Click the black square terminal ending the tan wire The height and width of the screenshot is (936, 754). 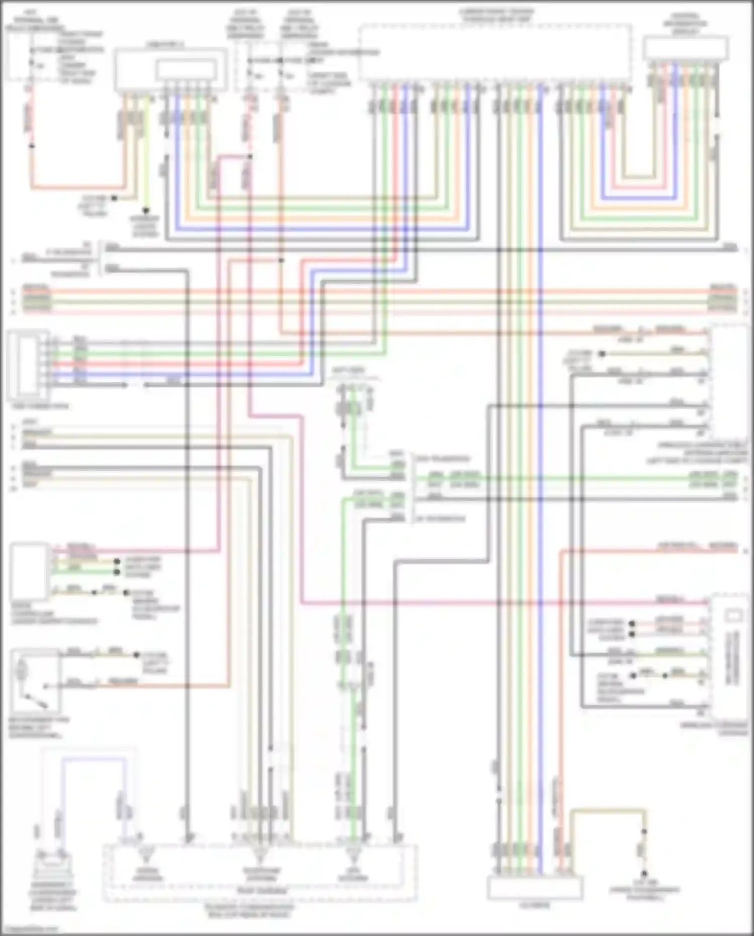tap(114, 199)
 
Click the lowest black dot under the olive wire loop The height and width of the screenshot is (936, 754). tap(644, 875)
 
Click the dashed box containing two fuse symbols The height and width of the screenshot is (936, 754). tap(267, 66)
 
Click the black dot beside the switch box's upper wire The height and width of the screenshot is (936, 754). tap(136, 655)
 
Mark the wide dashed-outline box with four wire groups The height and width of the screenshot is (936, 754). tap(495, 53)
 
